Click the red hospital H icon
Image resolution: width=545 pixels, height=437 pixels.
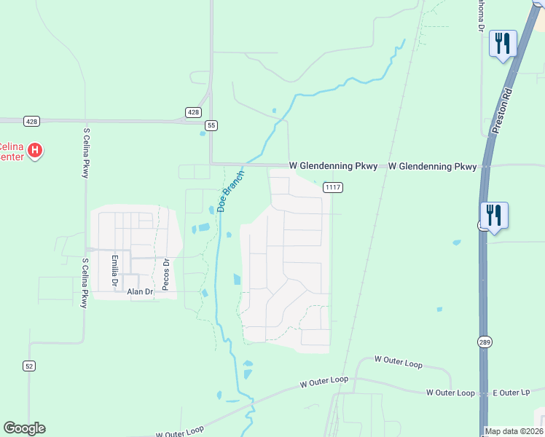(x=35, y=151)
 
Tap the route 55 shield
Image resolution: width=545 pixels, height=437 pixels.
(x=211, y=125)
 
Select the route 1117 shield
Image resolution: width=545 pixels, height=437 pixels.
(x=334, y=187)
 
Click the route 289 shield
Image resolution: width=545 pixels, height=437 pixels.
(x=485, y=342)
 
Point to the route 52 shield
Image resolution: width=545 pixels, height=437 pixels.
(x=29, y=366)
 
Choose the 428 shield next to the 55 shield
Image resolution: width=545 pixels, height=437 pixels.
(x=193, y=112)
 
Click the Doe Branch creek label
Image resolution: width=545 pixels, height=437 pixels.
(x=230, y=189)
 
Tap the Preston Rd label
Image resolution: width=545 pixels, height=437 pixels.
(x=503, y=110)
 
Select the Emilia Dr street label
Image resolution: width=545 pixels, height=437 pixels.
(x=114, y=270)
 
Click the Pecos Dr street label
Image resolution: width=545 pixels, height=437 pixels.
(x=165, y=275)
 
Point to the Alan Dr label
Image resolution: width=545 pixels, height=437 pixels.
(x=141, y=291)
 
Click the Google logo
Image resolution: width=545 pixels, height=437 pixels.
(x=24, y=428)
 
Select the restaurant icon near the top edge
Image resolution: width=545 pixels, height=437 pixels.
(x=502, y=44)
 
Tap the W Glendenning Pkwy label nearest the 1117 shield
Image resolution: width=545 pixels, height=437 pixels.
(x=333, y=167)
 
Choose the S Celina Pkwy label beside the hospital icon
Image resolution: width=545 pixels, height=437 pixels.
(x=86, y=153)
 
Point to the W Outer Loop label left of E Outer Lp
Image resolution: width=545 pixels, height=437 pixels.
(x=450, y=393)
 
